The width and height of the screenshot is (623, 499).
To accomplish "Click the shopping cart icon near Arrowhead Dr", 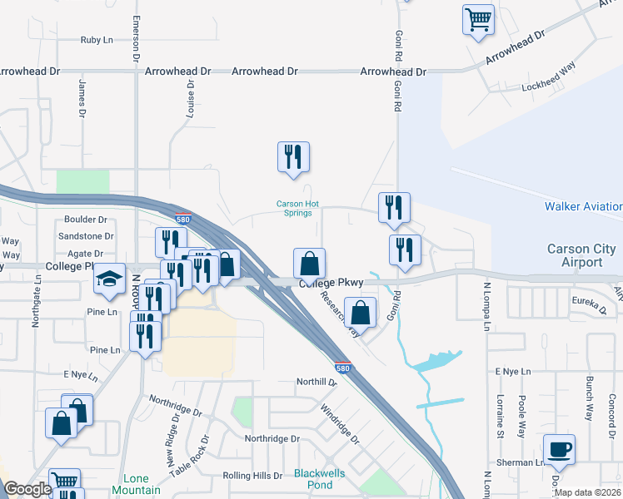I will point(478,20).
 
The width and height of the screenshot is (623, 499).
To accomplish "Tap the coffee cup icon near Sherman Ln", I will point(559,450).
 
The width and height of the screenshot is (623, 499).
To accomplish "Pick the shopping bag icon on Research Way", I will point(361,314).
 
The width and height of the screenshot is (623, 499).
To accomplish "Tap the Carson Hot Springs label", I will point(298,208).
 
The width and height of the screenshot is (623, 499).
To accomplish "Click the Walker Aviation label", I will point(583,206).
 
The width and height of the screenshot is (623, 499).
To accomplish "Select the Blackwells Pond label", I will point(313,479).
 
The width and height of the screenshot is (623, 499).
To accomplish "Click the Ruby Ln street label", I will point(97,40).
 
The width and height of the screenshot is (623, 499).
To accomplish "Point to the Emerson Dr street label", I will point(134,37).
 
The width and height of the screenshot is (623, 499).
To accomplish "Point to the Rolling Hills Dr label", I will point(253,476).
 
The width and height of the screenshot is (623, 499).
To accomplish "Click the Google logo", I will point(27,489).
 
